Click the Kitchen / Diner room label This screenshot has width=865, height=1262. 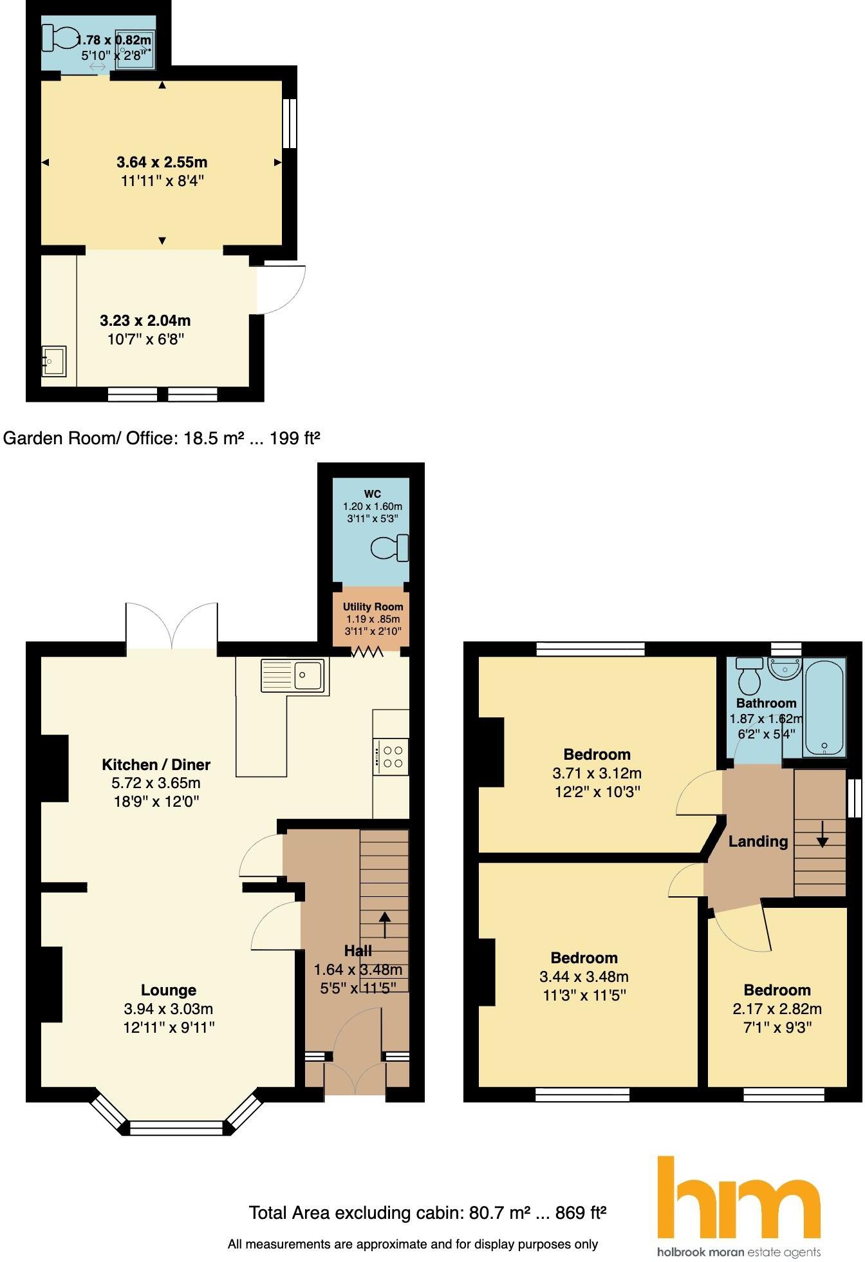[x=156, y=764]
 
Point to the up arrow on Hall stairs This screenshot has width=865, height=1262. [x=385, y=925]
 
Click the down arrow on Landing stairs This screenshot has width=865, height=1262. [x=822, y=837]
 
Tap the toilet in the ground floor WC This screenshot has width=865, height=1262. [x=391, y=548]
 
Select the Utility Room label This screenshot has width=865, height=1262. [x=373, y=607]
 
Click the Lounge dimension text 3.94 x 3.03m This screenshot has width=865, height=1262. [x=169, y=1008]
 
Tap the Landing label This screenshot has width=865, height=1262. [x=758, y=841]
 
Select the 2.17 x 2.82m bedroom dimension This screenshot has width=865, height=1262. [x=777, y=1008]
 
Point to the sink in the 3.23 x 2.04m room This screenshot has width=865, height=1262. [x=53, y=361]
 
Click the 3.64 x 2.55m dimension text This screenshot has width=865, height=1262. [x=162, y=162]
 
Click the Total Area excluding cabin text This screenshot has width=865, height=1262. [x=427, y=1213]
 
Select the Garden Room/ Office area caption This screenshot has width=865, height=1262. [x=162, y=438]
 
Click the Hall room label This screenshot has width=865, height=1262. [x=358, y=950]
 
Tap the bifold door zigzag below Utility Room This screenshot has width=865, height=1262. [x=367, y=652]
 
